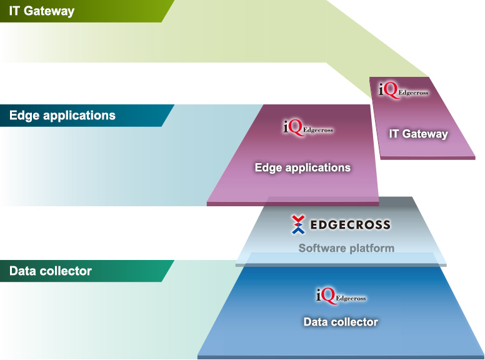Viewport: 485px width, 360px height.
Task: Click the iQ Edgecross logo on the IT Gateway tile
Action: click(x=404, y=90)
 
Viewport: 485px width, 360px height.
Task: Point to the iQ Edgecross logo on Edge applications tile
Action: click(x=308, y=127)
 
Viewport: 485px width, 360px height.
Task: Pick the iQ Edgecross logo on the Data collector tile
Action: click(x=341, y=296)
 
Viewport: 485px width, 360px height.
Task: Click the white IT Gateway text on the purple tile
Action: click(x=418, y=134)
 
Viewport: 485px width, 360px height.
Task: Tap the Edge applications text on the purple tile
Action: click(x=302, y=167)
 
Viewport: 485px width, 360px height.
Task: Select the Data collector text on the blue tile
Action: click(x=341, y=322)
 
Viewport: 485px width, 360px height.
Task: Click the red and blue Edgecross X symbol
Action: click(x=298, y=224)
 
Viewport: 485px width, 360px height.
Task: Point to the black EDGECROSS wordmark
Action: click(x=350, y=225)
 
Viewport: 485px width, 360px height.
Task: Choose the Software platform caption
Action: click(x=346, y=248)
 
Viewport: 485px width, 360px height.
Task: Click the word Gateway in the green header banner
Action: click(x=49, y=11)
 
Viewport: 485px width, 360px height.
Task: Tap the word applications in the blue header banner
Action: click(x=79, y=116)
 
